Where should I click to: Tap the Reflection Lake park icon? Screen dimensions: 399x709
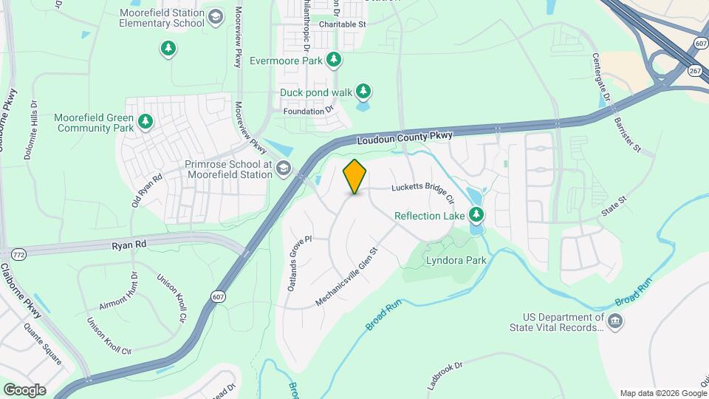(x=477, y=215)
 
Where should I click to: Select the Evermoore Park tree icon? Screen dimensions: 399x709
(x=334, y=60)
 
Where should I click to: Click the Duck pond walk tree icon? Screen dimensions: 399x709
(x=363, y=92)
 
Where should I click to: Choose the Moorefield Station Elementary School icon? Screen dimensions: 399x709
(x=215, y=17)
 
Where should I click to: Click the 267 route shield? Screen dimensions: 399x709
(x=694, y=71)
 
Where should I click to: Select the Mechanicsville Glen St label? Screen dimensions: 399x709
(x=346, y=276)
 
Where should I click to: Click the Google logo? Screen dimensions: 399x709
(x=24, y=390)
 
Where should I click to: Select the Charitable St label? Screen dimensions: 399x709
(x=342, y=24)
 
